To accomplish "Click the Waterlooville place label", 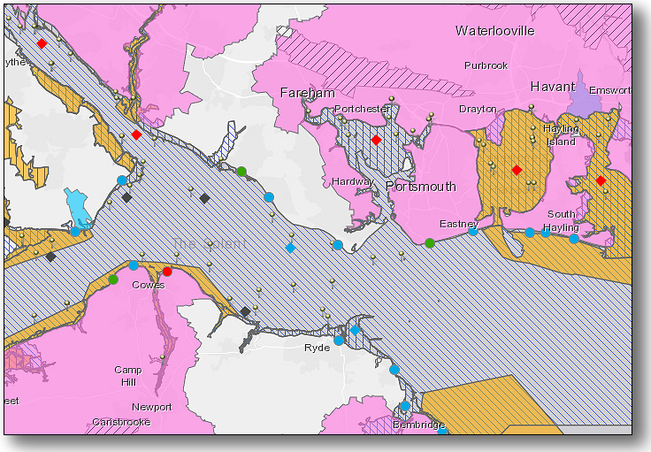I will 494,31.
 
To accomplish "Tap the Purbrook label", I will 486,65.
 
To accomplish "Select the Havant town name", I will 552,87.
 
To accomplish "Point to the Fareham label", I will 307,93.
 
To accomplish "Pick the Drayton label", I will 477,109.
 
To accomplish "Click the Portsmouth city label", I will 420,187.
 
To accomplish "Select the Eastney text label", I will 459,225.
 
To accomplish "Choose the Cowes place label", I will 148,285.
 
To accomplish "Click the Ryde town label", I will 317,348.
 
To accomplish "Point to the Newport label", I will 152,407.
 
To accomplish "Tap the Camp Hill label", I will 128,376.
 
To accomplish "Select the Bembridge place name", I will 418,425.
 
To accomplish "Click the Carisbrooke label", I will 122,423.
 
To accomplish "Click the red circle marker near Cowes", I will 167,272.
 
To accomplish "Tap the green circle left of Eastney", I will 430,242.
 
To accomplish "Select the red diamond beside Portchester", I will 376,140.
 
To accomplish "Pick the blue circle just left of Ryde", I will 339,340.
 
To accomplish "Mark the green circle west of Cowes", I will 113,280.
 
